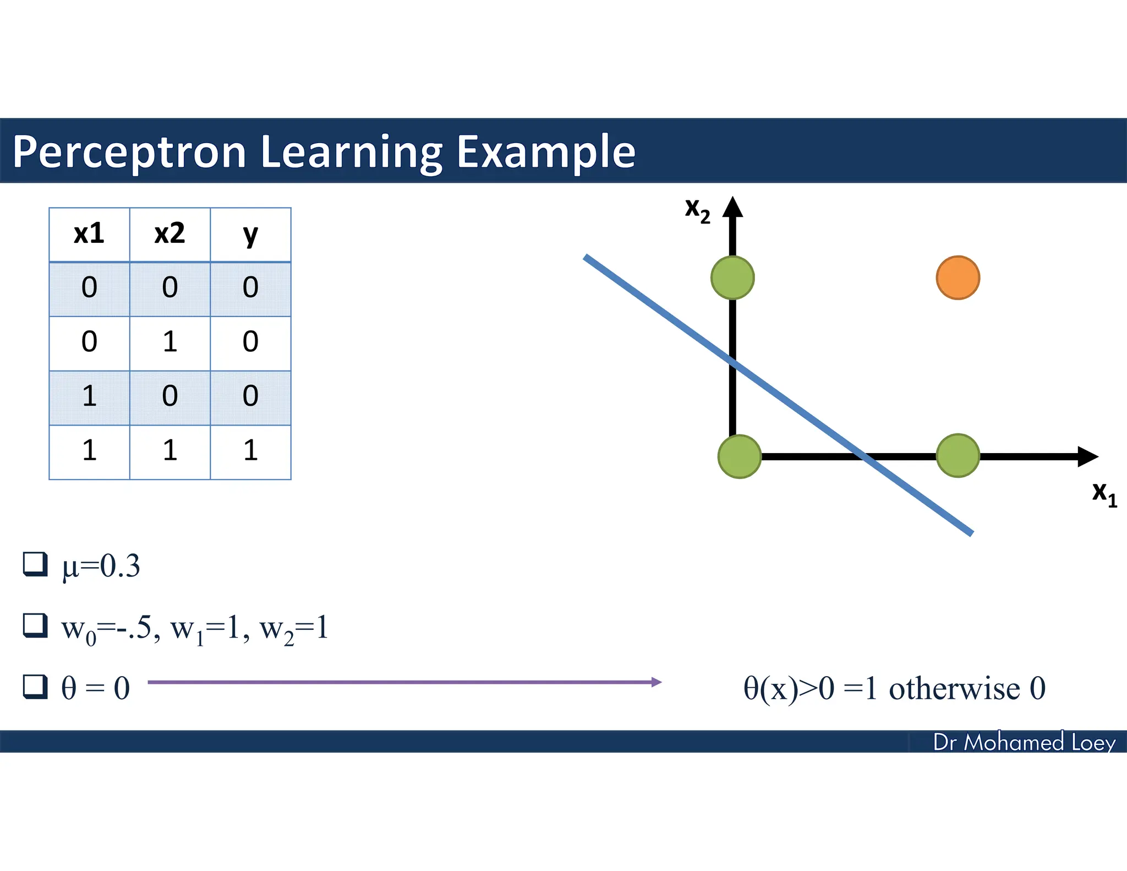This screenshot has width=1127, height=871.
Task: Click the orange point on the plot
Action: (x=958, y=277)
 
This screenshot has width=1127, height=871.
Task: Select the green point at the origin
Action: (x=739, y=456)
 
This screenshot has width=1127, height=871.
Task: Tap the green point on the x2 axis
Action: (x=732, y=277)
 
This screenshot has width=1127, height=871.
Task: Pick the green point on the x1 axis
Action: (x=958, y=455)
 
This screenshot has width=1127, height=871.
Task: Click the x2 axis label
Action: (x=697, y=210)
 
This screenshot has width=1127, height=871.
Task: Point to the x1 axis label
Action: (x=1104, y=493)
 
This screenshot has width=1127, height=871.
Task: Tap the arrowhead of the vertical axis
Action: (x=732, y=207)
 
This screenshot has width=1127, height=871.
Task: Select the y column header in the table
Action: (x=250, y=235)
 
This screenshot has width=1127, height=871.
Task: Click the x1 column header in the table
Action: (x=89, y=235)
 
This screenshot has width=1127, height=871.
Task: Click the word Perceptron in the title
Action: (x=129, y=153)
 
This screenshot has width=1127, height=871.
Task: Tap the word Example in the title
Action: (x=546, y=153)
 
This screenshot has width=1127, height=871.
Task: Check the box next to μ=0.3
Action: (x=35, y=564)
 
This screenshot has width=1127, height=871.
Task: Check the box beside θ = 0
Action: (x=35, y=687)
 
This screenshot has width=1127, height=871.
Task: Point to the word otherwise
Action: (x=954, y=689)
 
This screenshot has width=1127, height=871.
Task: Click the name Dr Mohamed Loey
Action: (x=1024, y=742)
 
